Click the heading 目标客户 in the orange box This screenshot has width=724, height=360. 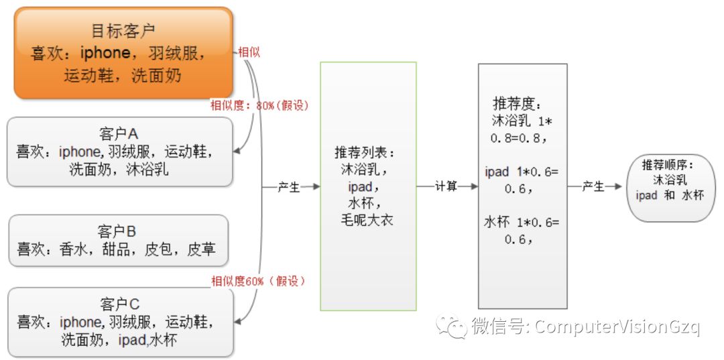coord(123,30)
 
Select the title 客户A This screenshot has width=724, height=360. coord(118,133)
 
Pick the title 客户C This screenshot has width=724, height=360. coord(119,304)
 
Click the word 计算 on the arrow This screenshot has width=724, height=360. coord(446,187)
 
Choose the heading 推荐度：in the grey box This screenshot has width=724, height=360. coord(517,105)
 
